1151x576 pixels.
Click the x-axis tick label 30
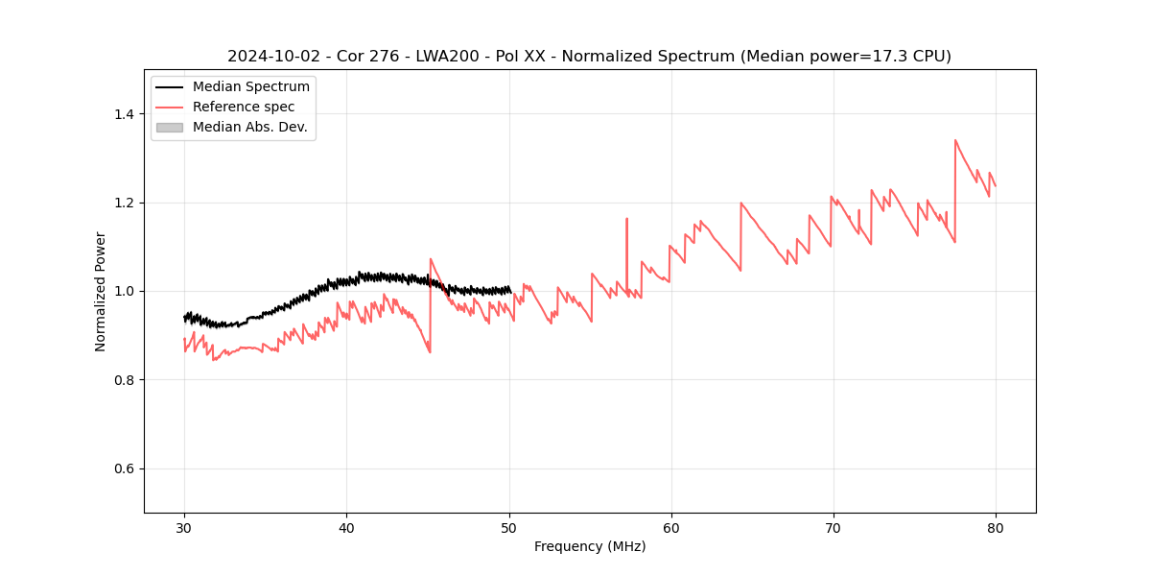(184, 527)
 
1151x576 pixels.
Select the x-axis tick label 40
(346, 527)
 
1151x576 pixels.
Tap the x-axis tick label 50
(509, 527)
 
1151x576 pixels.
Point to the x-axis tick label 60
(671, 527)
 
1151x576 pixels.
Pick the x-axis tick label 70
(834, 527)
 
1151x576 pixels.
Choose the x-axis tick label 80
(996, 527)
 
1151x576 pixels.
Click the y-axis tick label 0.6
(123, 468)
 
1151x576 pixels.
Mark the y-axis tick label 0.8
(123, 380)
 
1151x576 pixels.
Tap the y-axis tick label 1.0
(123, 291)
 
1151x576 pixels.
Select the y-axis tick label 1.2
(123, 203)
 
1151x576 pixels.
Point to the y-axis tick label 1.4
(123, 114)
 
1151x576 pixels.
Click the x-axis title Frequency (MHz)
(590, 546)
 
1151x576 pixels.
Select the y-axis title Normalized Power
(101, 291)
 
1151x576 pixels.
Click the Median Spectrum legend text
(251, 87)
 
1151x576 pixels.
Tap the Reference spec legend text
(244, 107)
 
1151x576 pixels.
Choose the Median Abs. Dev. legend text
(250, 127)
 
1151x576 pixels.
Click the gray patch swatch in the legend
(169, 127)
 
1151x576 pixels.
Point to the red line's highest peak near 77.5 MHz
(955, 140)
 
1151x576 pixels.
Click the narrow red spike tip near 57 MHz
(626, 219)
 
